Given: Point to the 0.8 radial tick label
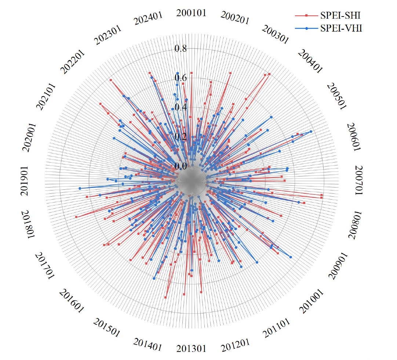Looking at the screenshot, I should coord(181,49).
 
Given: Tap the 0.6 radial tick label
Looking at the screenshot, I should coord(181,78).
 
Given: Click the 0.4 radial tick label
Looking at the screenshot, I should coord(181,107).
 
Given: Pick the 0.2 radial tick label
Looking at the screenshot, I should coord(181,137).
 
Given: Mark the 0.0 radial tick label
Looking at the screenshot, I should coord(181,166).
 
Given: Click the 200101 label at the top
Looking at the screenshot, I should coord(191,13).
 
